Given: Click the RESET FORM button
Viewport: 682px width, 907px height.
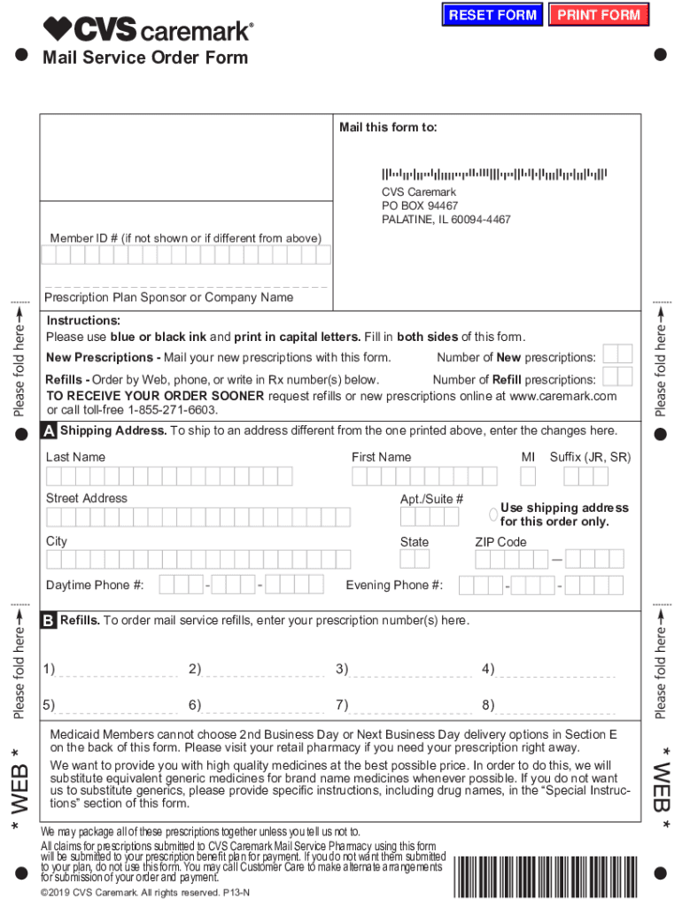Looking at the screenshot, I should pyautogui.click(x=492, y=15).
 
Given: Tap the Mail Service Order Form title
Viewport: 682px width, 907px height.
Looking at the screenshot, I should pyautogui.click(x=145, y=58).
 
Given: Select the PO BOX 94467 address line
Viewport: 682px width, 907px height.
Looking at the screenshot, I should pyautogui.click(x=420, y=205).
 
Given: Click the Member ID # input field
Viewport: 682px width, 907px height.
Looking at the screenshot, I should pyautogui.click(x=186, y=255).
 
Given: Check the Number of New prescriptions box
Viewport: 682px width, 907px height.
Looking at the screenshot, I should pyautogui.click(x=617, y=354).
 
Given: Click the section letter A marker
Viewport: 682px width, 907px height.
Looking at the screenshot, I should pyautogui.click(x=50, y=431).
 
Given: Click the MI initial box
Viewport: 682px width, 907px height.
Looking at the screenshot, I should pyautogui.click(x=528, y=477).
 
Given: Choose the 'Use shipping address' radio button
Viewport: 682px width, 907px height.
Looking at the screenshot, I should pyautogui.click(x=493, y=515).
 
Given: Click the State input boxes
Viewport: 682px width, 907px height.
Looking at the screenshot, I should pyautogui.click(x=415, y=559).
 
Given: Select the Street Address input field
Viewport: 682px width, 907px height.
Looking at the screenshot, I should pyautogui.click(x=198, y=517).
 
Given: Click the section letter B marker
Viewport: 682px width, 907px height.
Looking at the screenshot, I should pyautogui.click(x=50, y=620).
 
